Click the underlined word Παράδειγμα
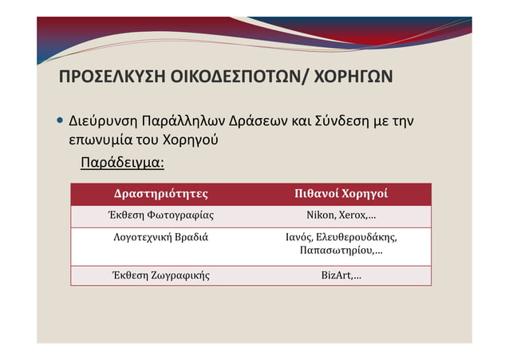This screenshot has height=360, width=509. (x=122, y=164)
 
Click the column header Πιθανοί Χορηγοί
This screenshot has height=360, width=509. (x=341, y=194)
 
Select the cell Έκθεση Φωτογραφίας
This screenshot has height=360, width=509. (x=161, y=216)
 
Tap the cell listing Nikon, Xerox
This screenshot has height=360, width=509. (x=341, y=216)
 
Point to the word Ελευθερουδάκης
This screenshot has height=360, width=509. (x=357, y=237)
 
